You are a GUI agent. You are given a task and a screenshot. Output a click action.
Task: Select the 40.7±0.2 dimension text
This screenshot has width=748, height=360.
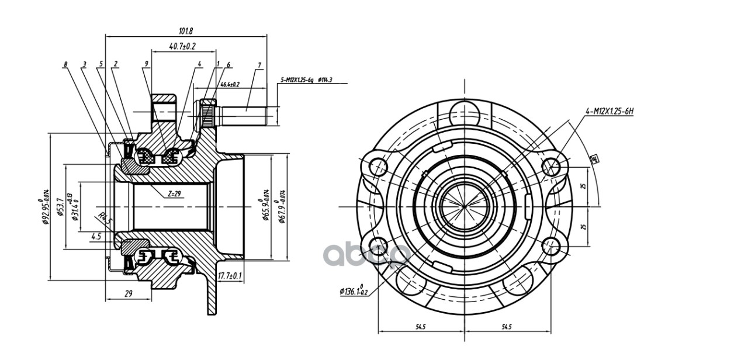182,46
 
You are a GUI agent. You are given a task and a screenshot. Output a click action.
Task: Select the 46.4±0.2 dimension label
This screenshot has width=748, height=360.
230,85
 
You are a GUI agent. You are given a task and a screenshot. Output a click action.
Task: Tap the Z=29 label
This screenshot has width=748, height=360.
174,193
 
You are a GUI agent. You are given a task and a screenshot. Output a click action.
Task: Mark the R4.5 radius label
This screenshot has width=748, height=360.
104,220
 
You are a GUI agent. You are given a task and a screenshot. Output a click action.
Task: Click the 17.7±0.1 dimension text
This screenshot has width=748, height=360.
230,275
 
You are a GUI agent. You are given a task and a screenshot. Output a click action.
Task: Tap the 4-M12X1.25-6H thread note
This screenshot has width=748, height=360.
610,110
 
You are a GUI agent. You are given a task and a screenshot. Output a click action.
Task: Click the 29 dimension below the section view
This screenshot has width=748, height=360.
129,294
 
